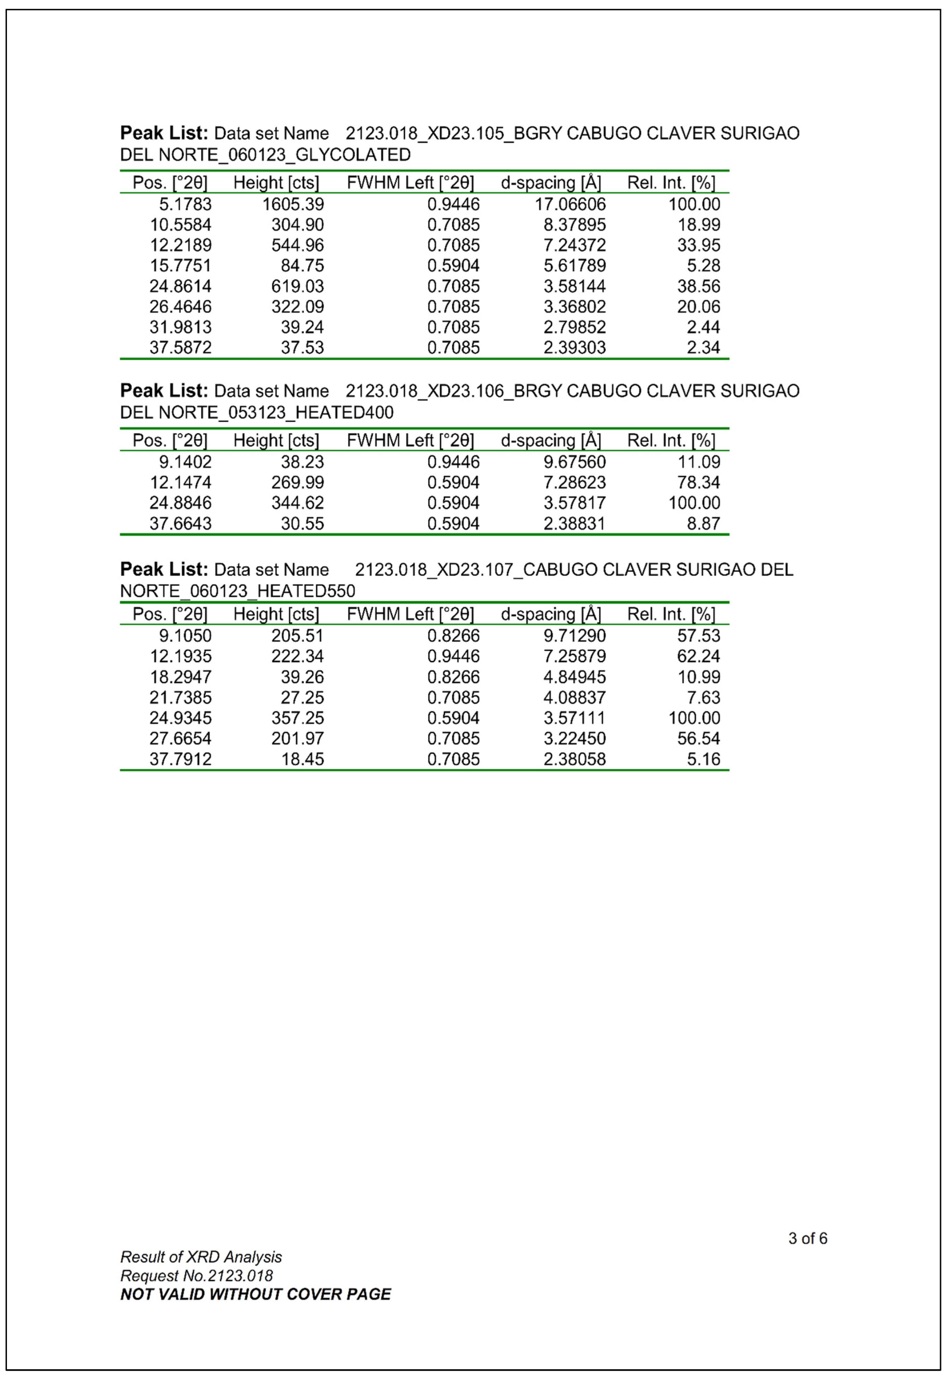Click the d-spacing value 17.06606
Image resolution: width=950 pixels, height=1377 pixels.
click(x=570, y=204)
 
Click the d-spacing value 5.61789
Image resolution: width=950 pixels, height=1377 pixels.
click(x=574, y=265)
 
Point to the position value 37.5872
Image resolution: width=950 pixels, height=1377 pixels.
click(x=180, y=348)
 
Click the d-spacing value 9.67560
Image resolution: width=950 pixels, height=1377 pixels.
click(x=574, y=462)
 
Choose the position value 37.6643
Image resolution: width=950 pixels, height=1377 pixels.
click(x=180, y=523)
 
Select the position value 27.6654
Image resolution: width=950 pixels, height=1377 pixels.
click(x=180, y=738)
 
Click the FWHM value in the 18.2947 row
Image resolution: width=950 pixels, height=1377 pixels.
click(x=453, y=677)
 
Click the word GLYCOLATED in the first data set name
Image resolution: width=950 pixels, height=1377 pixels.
click(x=353, y=155)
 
